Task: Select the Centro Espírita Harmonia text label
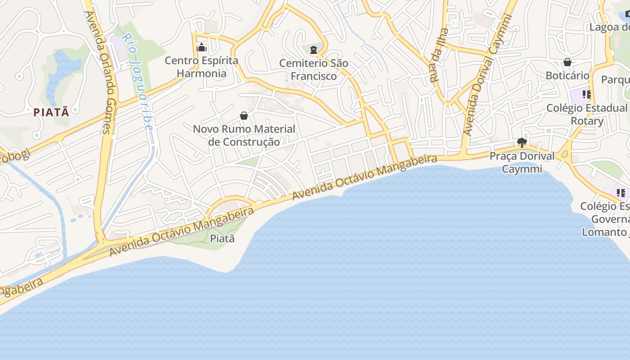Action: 201,67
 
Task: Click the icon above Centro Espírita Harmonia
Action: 201,47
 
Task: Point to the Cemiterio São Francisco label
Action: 314,69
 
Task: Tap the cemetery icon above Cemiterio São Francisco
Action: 314,49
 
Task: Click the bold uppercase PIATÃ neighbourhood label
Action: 51,112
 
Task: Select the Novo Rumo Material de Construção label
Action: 244,135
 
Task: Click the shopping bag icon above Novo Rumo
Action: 244,116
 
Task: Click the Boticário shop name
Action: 567,75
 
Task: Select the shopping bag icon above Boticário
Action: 567,62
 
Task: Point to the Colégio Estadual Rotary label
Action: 587,114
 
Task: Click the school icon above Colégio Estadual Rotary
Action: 586,94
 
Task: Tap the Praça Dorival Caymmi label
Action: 522,162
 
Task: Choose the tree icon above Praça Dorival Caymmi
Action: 522,143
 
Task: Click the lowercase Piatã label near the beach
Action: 223,238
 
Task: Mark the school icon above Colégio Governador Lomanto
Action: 621,193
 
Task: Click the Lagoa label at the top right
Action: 609,27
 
